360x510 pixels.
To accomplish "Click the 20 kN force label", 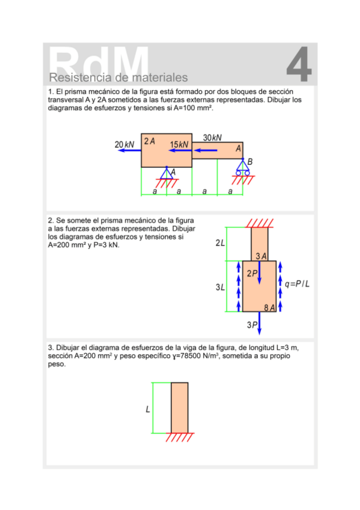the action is (124, 144).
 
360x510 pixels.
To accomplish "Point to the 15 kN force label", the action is (178, 144).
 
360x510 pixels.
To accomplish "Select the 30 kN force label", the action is (212, 138).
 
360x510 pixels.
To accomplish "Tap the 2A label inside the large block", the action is (150, 141).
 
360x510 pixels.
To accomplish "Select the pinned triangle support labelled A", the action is (166, 173).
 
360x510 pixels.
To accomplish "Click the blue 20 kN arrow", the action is (129, 150).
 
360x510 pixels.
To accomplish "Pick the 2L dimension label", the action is (220, 242).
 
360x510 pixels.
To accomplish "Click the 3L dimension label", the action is (220, 287).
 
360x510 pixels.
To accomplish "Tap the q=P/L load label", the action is (297, 284).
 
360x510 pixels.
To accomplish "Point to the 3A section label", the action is (261, 256).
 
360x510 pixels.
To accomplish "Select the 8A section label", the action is (269, 308).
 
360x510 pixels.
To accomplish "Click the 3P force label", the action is (252, 325).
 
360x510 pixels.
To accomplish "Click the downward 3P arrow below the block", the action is (259, 324).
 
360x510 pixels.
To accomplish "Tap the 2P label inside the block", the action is (252, 274).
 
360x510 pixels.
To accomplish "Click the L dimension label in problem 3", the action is (147, 409).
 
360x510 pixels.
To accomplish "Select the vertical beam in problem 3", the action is (179, 408).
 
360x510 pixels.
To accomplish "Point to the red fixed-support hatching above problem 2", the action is (259, 223).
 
